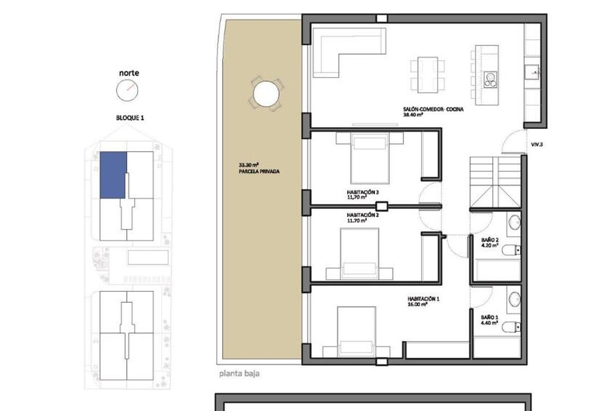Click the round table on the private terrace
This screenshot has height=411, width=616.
click(x=266, y=94)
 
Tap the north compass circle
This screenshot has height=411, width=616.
click(x=127, y=90)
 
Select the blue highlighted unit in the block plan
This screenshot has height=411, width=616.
click(x=113, y=175)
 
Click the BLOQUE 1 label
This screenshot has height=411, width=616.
click(x=130, y=118)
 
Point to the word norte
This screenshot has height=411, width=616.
click(x=129, y=73)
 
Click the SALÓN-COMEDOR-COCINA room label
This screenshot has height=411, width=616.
click(x=433, y=109)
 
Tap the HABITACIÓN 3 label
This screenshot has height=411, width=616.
click(x=363, y=192)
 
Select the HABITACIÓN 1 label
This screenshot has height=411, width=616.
click(x=423, y=299)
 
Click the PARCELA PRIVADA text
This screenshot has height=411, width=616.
click(x=259, y=172)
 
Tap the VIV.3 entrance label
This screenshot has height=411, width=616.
click(x=537, y=144)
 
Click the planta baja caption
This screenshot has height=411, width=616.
click(x=239, y=374)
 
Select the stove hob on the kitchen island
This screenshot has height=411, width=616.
click(x=491, y=80)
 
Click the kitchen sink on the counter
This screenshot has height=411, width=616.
click(x=531, y=72)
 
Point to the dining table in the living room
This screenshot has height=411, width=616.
click(x=428, y=75)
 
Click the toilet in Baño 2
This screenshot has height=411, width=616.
click(x=511, y=250)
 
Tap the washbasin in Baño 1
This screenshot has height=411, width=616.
click(x=514, y=298)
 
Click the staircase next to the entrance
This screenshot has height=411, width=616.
click(x=495, y=182)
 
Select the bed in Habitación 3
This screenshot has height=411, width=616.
click(x=370, y=158)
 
